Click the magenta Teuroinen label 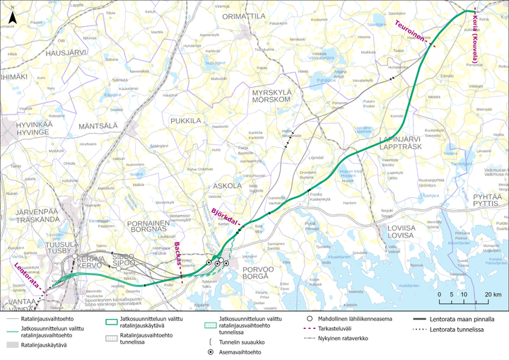click(x=408, y=33)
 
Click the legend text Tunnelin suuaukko click(x=237, y=339)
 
